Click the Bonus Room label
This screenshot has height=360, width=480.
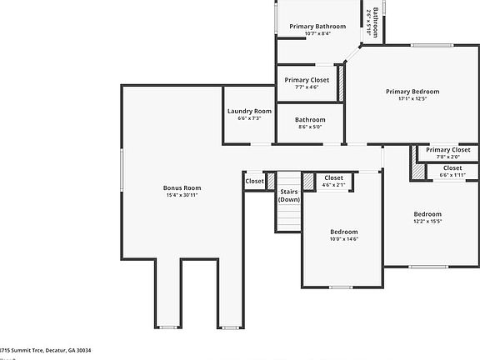point(182,187)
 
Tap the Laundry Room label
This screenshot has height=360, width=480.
point(249,111)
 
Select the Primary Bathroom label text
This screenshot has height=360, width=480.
point(317,27)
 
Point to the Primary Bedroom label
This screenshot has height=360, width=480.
point(412,92)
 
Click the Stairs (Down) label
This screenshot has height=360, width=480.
point(289,196)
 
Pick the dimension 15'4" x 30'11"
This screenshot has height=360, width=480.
point(182,196)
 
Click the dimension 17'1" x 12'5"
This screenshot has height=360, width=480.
point(412,99)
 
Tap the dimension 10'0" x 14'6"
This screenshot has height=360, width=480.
point(343,239)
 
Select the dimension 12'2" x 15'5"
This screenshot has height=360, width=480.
point(427,221)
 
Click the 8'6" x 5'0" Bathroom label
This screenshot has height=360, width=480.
point(311,120)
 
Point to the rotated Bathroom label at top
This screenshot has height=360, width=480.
point(376,22)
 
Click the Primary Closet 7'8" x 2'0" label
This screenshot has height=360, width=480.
point(448,150)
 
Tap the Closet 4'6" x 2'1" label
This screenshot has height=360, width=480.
point(333,177)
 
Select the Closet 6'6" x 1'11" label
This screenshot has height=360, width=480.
point(452,168)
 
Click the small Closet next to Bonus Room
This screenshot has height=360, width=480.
point(254,181)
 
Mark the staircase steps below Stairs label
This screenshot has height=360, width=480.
point(288,217)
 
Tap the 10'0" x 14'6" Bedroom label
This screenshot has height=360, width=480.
point(343,232)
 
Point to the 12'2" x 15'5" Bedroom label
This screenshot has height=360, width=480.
point(427,213)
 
